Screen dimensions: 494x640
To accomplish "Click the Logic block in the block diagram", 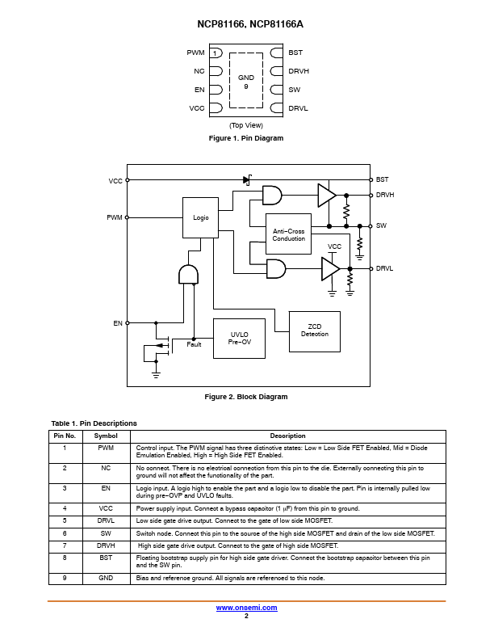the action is coord(200,217).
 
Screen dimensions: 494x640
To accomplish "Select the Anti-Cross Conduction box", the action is coord(288,234).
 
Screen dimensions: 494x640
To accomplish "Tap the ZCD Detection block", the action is coord(315,331).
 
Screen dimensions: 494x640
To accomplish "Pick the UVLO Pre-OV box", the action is coord(239,339).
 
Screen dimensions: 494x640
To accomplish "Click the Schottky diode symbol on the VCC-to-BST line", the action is coord(248,179).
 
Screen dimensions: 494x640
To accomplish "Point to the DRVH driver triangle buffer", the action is coord(327,195).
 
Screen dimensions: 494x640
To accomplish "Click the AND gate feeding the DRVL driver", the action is coord(276,268).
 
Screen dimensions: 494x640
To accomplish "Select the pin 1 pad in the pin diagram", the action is coord(216,53).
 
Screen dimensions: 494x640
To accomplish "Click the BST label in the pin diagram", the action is coord(295,53).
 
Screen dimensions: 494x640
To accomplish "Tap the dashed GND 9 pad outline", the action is coord(229,81).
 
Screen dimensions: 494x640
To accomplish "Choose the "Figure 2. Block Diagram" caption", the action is coord(246,397).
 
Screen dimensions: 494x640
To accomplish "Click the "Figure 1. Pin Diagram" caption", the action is coord(246,138).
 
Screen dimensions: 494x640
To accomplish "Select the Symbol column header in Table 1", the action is coord(106,436).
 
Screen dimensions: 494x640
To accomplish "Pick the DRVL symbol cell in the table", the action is coord(106,521).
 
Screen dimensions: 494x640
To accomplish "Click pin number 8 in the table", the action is coord(65,558).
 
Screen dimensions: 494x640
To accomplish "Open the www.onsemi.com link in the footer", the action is coord(246,608).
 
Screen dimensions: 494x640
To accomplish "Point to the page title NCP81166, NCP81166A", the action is coord(250,24).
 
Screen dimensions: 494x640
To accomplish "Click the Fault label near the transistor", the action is coord(194,344).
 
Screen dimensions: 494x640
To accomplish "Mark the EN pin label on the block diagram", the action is coord(118,323).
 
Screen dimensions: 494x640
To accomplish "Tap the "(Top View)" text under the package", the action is coord(246,125).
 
